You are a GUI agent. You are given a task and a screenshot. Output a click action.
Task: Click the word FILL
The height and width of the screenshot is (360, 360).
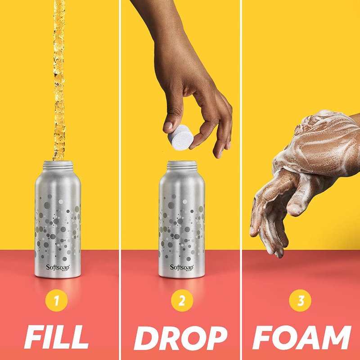click(x=56, y=337)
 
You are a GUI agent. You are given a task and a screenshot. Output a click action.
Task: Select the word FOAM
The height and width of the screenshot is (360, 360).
click(x=301, y=337)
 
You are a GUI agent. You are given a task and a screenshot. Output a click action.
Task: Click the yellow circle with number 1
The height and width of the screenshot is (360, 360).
click(x=57, y=301)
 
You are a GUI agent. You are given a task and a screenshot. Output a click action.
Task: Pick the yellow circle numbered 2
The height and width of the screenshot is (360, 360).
click(x=182, y=300)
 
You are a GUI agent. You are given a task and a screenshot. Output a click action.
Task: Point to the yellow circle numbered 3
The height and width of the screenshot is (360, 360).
click(x=300, y=300)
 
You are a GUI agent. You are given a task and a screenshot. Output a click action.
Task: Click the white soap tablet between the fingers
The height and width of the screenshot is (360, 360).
click(x=180, y=138)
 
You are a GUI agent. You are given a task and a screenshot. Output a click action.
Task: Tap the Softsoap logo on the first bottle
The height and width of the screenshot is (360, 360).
click(x=58, y=268)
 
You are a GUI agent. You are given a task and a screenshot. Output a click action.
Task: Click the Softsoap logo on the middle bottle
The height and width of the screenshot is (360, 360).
click(x=182, y=268)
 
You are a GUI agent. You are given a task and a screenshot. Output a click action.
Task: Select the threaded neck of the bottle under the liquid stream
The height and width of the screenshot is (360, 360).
click(x=58, y=165)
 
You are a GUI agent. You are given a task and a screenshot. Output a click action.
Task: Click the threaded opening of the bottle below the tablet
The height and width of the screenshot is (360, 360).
click(x=182, y=165)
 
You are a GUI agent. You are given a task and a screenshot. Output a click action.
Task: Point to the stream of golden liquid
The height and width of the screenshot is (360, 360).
click(x=59, y=81)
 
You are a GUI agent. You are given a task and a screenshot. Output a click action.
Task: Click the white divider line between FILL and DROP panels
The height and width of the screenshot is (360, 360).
click(x=120, y=180)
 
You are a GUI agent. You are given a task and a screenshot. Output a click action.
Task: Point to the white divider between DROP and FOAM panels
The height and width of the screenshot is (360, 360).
click(x=241, y=180)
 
